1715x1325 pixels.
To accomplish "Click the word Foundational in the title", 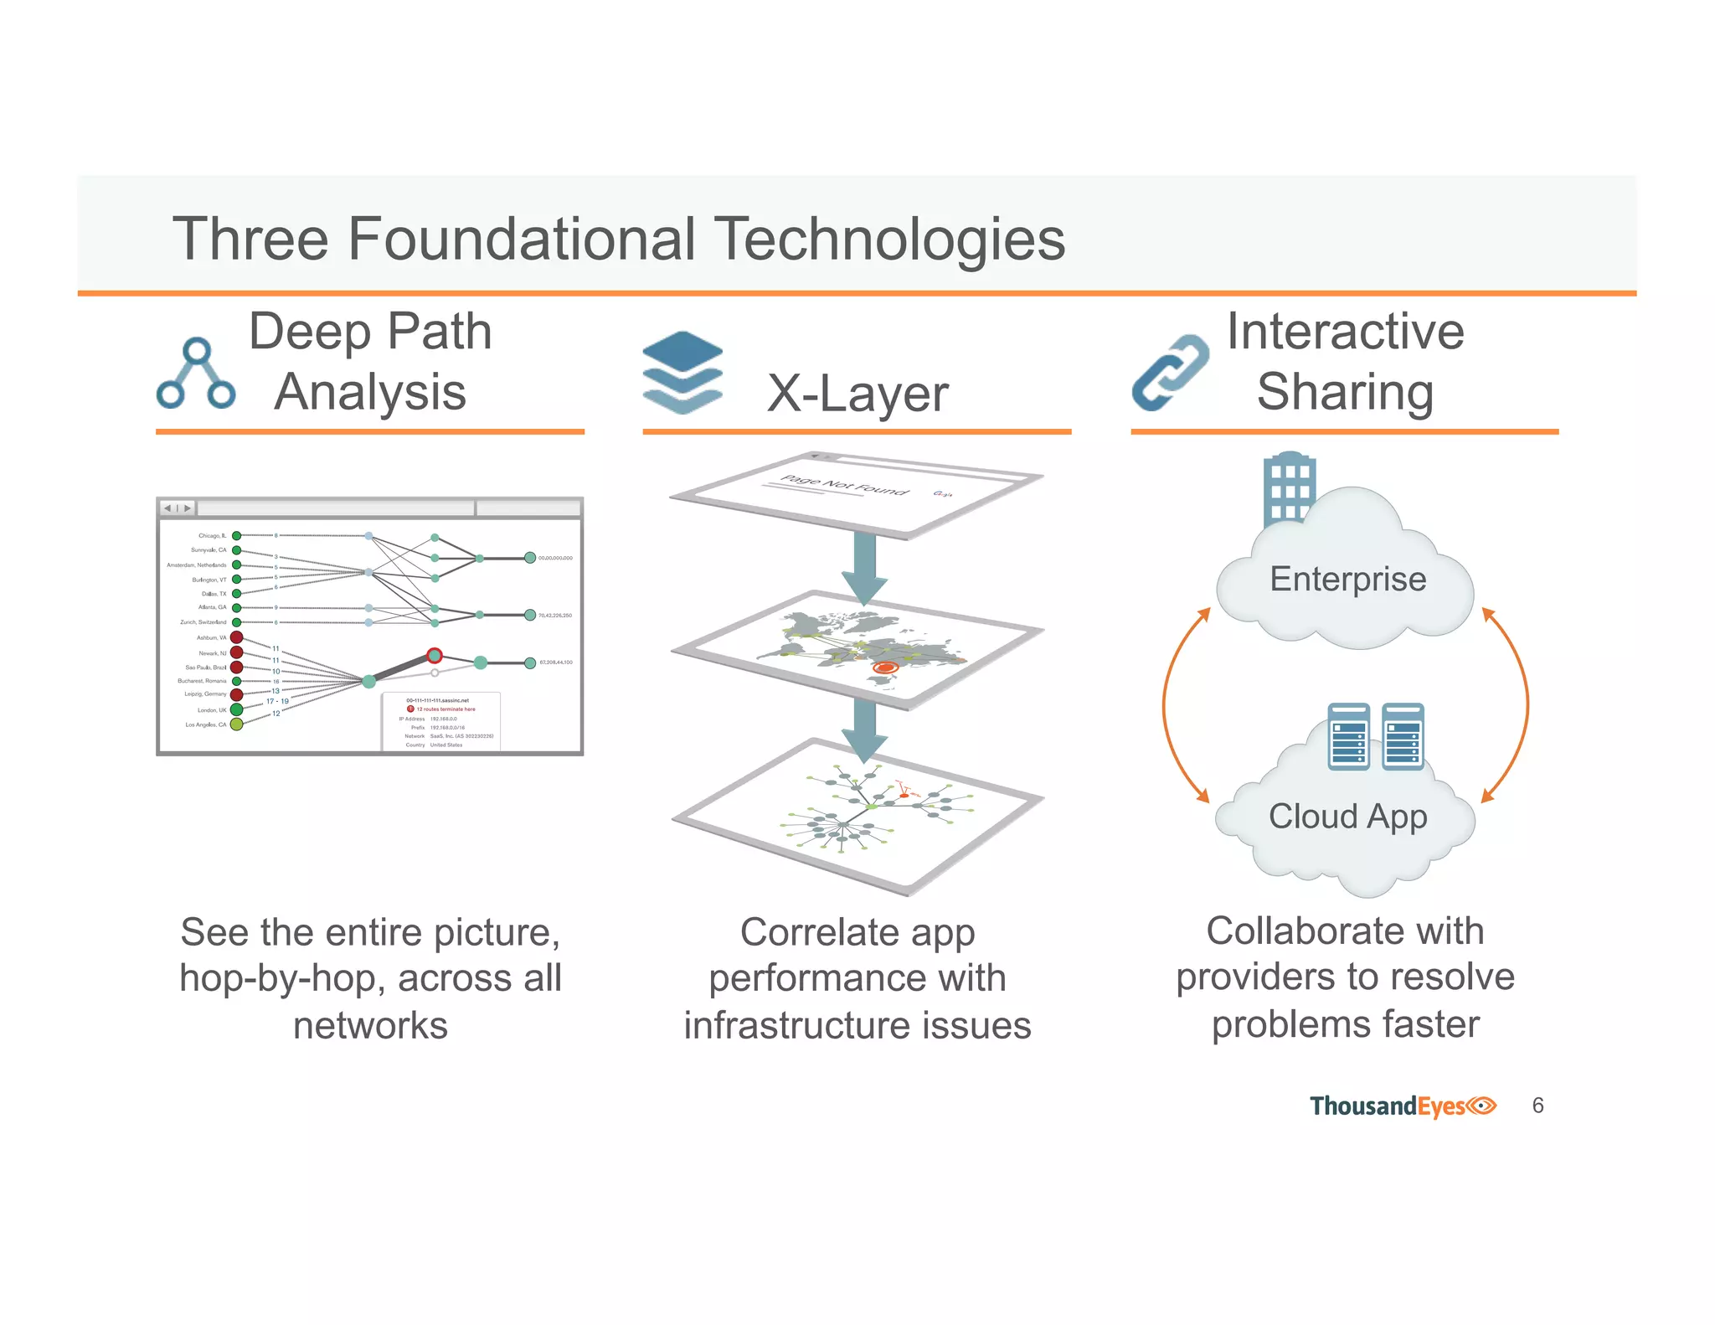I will [521, 240].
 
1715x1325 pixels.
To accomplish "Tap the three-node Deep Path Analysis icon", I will [196, 374].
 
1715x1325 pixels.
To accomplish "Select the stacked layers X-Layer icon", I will [682, 372].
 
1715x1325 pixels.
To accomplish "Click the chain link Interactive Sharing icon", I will [1170, 374].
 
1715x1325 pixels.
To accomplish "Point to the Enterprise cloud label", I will [1347, 580].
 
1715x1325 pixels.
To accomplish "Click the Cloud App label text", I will [1347, 817].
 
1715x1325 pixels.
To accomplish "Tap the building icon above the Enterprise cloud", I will [1288, 487].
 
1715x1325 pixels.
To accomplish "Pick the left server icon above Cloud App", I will [1348, 736].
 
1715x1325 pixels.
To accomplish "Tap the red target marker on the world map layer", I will [884, 668].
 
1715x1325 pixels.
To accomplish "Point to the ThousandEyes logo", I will [1403, 1106].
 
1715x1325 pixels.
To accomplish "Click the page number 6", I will [1537, 1106].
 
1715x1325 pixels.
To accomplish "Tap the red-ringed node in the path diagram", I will [434, 655].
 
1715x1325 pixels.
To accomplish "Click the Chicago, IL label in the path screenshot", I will [212, 536].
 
